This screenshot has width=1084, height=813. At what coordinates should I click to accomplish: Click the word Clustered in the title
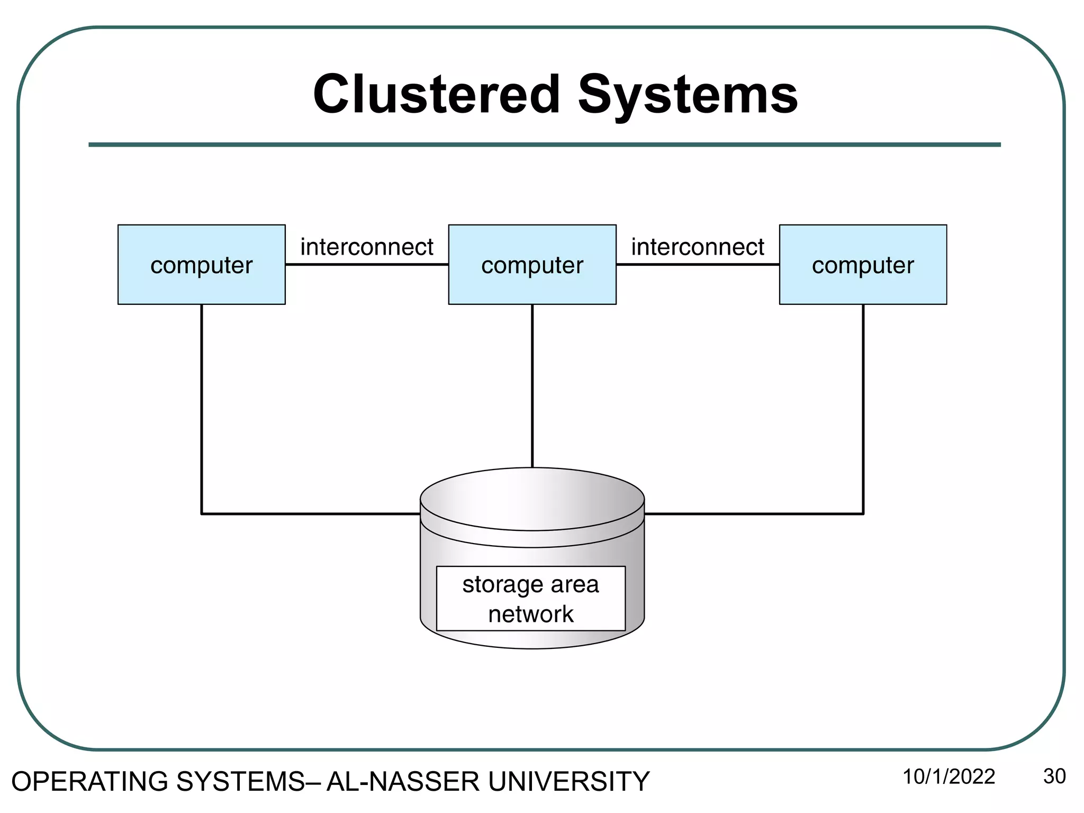pos(436,95)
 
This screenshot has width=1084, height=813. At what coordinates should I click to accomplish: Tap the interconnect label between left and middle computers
pos(366,247)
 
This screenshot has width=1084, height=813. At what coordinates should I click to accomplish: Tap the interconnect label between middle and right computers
pos(697,247)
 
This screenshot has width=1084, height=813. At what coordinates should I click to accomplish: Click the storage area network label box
pos(530,599)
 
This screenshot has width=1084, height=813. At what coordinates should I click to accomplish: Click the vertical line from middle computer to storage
pos(532,386)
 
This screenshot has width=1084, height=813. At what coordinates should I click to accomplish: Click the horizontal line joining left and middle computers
pos(366,264)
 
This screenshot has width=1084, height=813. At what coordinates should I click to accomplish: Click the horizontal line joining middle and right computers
pos(697,264)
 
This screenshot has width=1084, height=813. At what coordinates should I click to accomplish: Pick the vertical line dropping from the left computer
pos(202,408)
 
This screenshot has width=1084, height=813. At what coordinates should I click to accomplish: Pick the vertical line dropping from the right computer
pos(863,408)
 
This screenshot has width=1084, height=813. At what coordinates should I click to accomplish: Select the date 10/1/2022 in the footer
pos(948,776)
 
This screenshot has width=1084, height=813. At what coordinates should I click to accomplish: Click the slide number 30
pos(1054,776)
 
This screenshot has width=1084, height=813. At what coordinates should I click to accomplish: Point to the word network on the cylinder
pos(530,614)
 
